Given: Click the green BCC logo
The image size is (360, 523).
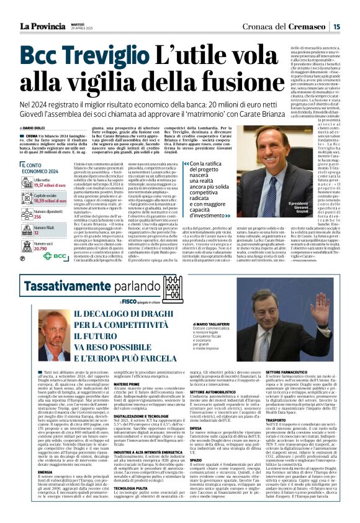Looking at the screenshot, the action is click(x=54, y=255).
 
